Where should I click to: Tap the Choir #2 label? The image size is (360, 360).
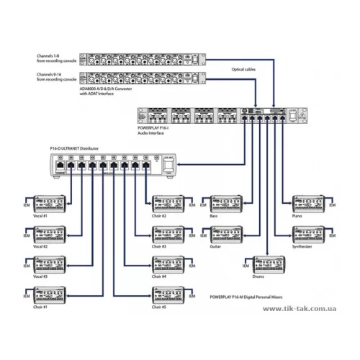pyautogui.click(x=159, y=215)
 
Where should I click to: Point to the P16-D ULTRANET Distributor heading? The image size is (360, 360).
pyautogui.click(x=74, y=147)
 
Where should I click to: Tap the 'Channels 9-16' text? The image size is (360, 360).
pyautogui.click(x=54, y=74)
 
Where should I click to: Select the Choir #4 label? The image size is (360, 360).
pyautogui.click(x=159, y=275)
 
